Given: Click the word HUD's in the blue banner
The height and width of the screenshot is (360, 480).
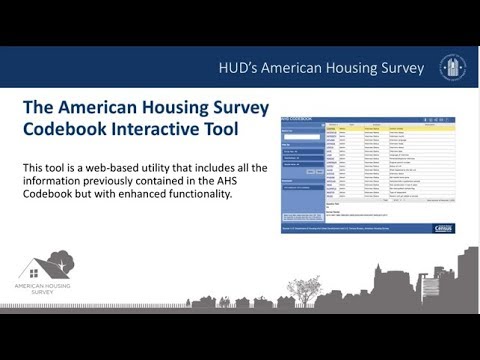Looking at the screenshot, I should (243, 68).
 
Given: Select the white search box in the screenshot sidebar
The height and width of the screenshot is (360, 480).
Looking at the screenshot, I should (301, 136).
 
